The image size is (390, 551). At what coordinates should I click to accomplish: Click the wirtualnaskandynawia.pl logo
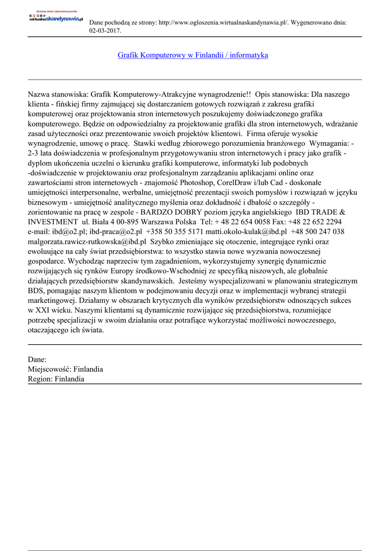click(56, 18)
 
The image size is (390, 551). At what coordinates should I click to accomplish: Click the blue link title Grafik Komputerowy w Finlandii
click(193, 55)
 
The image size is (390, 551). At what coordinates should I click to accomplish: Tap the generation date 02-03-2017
click(105, 31)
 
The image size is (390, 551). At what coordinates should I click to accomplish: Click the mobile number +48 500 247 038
click(317, 231)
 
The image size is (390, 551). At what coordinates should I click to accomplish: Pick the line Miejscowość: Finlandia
click(65, 369)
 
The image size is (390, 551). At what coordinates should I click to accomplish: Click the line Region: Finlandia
click(56, 379)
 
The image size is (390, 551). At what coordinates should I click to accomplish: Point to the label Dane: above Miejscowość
click(37, 359)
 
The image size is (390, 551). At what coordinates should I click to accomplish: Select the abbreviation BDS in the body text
click(36, 291)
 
